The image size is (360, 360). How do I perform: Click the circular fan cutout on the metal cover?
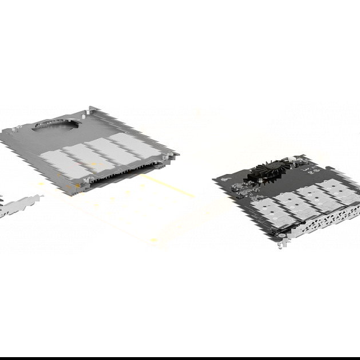(x=58, y=124)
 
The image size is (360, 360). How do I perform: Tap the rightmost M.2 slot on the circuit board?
(x=338, y=190)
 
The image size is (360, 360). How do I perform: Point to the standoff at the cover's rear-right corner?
(x=90, y=108)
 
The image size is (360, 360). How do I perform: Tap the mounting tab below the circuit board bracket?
(x=282, y=244)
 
